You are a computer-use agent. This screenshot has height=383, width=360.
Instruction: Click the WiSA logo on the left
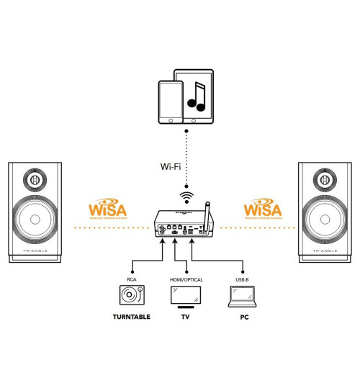coord(108,209)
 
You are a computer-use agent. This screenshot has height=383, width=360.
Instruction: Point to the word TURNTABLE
coord(132,316)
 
